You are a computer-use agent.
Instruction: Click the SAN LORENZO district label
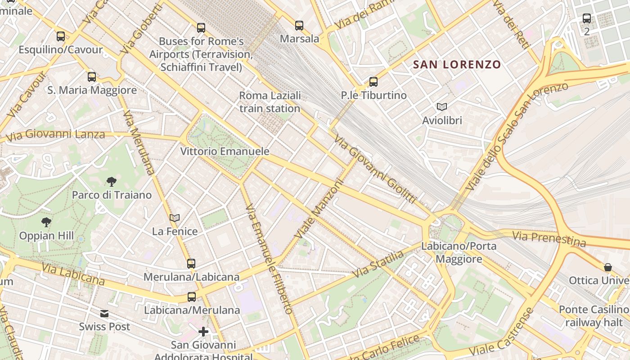457,64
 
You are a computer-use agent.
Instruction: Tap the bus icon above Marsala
299,26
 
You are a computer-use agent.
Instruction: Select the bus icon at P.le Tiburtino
373,82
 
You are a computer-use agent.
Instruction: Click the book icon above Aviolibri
442,107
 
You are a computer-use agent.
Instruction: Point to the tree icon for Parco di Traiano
111,182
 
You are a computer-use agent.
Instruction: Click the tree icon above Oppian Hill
46,222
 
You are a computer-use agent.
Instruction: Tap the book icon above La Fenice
175,218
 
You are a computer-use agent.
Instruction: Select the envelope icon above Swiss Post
104,314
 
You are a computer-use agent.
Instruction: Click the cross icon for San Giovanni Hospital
203,332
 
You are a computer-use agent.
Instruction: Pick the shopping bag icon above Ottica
608,267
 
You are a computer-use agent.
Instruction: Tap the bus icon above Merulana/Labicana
191,264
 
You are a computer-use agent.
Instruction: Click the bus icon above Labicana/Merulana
192,297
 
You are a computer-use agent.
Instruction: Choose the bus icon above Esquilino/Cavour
61,36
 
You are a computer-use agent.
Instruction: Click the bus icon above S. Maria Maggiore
92,77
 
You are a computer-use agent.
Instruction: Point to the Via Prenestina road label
549,238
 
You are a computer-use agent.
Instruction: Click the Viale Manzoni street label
319,209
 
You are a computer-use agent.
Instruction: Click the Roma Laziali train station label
270,102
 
